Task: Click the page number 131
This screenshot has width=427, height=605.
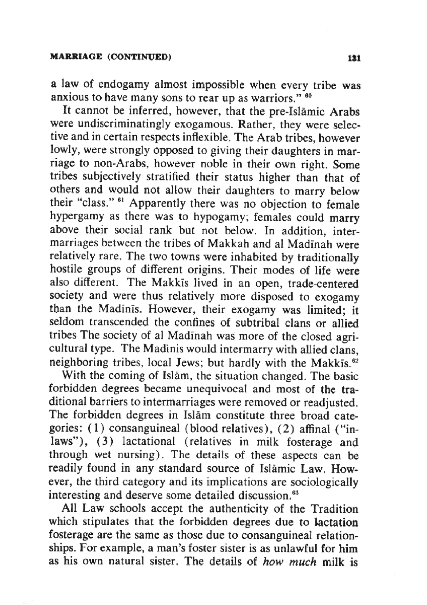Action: point(354,57)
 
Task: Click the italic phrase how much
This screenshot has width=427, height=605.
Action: point(289,562)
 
